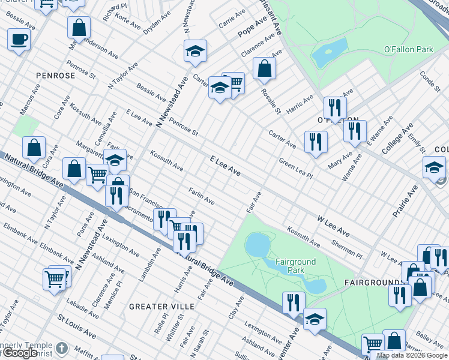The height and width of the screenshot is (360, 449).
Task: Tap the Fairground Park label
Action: point(295,266)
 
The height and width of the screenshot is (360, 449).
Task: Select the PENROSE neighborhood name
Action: point(55,76)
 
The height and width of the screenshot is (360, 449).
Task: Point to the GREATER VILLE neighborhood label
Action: point(161,307)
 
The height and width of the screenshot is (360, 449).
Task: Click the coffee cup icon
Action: point(19,40)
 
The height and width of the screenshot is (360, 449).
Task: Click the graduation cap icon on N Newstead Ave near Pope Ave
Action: point(195,52)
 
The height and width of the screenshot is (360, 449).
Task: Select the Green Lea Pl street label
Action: point(296,168)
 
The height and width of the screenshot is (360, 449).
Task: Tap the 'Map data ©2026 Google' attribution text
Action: point(412,355)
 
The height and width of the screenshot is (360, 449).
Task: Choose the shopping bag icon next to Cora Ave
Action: point(34,147)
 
